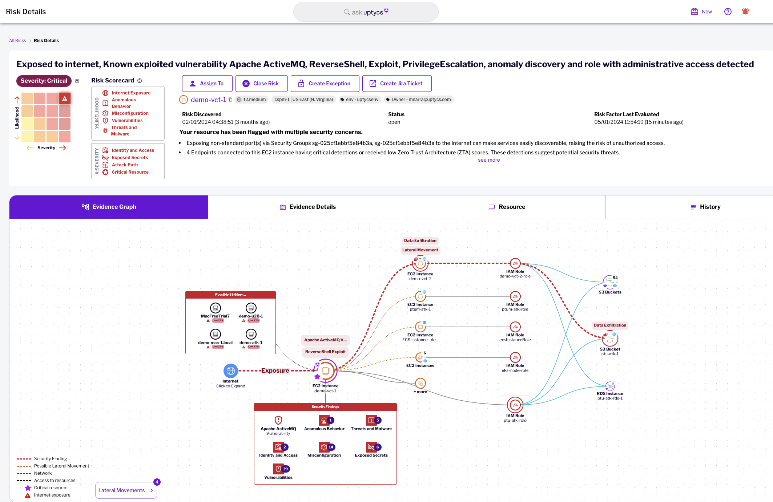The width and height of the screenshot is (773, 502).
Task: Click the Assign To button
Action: click(207, 84)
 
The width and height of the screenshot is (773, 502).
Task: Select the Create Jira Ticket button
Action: click(396, 84)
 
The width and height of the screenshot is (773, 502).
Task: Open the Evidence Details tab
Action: click(307, 207)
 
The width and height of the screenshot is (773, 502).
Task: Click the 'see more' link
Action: click(489, 160)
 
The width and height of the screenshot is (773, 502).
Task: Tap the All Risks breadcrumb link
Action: click(17, 41)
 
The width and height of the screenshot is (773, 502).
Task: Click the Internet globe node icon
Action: click(230, 371)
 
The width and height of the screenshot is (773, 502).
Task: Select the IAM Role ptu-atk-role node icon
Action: click(515, 405)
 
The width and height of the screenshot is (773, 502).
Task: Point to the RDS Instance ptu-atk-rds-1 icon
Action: click(610, 386)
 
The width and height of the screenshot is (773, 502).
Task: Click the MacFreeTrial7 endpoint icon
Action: click(215, 308)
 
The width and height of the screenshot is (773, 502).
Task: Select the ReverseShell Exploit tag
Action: click(325, 352)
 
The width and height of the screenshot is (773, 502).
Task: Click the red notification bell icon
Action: click(745, 12)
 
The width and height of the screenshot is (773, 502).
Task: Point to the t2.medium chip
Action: click(251, 100)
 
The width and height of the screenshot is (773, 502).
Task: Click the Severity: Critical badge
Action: click(44, 81)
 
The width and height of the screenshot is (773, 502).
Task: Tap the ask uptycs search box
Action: click(366, 12)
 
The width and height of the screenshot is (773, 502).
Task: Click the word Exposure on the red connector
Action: click(275, 371)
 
